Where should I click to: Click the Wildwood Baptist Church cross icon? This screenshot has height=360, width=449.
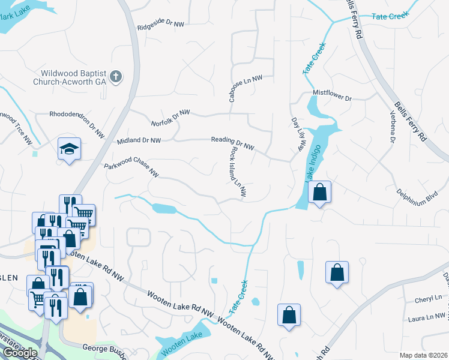[116, 77]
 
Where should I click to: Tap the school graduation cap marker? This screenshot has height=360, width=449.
[70, 149]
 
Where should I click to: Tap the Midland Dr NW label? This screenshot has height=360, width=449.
[139, 140]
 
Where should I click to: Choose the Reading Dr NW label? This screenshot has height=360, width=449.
[233, 143]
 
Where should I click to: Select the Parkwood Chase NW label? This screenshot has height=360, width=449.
[131, 170]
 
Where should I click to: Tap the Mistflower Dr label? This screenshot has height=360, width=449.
[332, 95]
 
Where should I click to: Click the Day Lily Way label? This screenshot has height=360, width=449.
[298, 134]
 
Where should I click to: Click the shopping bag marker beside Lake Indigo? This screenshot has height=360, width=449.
[320, 193]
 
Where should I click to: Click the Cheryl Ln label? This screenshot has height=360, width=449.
[428, 299]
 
